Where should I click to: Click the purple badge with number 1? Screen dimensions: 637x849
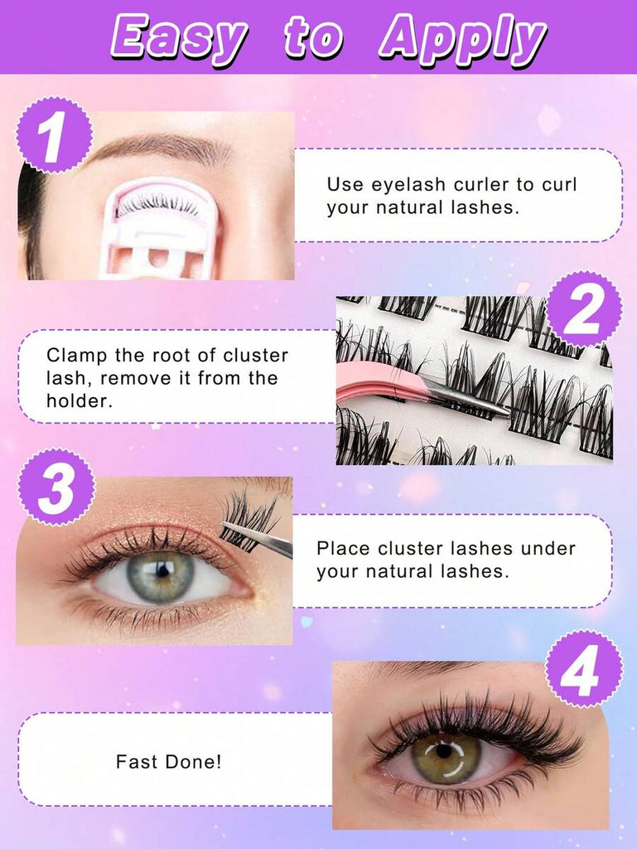click(x=54, y=135)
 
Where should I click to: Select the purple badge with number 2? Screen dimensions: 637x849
click(x=583, y=309)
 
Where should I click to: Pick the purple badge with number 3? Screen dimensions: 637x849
click(x=56, y=487)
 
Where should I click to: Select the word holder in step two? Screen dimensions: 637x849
click(x=79, y=400)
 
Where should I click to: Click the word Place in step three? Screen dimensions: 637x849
click(x=344, y=548)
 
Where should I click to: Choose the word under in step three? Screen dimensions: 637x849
click(x=548, y=548)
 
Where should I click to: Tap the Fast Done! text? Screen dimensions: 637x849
click(x=168, y=762)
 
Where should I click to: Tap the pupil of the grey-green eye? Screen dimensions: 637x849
click(x=162, y=570)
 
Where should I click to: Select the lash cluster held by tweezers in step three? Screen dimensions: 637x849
click(x=248, y=520)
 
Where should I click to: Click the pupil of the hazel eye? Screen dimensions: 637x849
click(x=443, y=751)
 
